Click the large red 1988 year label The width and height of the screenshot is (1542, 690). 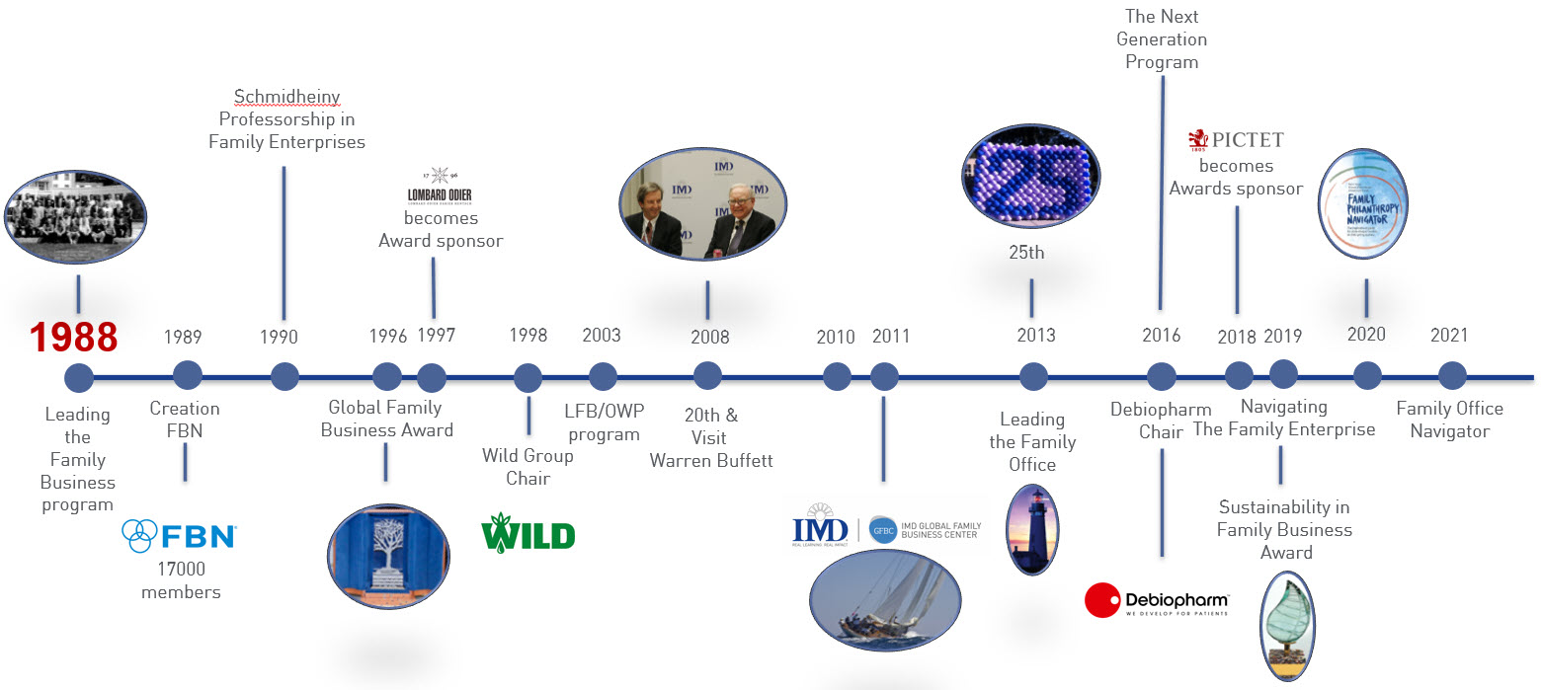pyautogui.click(x=73, y=338)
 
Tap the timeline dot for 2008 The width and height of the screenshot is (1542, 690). pyautogui.click(x=707, y=376)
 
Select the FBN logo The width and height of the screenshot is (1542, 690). pyautogui.click(x=180, y=536)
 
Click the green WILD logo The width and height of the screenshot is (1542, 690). pyautogui.click(x=528, y=535)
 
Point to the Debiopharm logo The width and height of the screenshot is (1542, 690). pyautogui.click(x=1157, y=600)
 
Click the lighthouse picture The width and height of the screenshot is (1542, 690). pyautogui.click(x=1032, y=530)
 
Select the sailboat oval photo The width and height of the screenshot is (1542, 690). pyautogui.click(x=884, y=597)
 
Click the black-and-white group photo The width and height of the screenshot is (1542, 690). pyautogui.click(x=75, y=218)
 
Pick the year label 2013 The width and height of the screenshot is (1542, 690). pyautogui.click(x=1036, y=336)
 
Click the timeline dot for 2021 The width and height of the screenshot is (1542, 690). pyautogui.click(x=1451, y=376)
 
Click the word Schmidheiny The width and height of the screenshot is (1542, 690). pyautogui.click(x=286, y=97)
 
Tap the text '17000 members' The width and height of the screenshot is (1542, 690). pyautogui.click(x=181, y=580)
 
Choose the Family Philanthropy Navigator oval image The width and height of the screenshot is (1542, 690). pyautogui.click(x=1364, y=204)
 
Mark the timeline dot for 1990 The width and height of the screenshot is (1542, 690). pyautogui.click(x=284, y=377)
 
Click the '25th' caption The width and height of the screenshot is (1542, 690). pyautogui.click(x=1026, y=253)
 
